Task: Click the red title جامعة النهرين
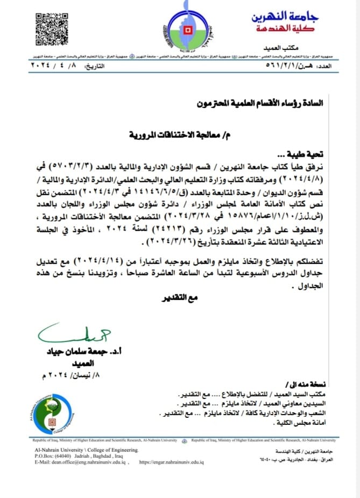pos(288,17)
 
